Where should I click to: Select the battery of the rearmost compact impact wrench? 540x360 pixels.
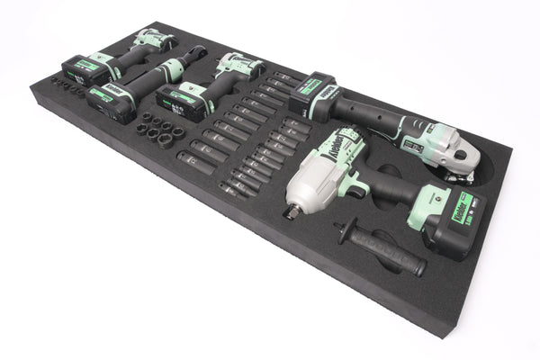tap(82, 69)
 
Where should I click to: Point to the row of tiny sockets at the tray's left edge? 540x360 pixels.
tap(67, 86)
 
